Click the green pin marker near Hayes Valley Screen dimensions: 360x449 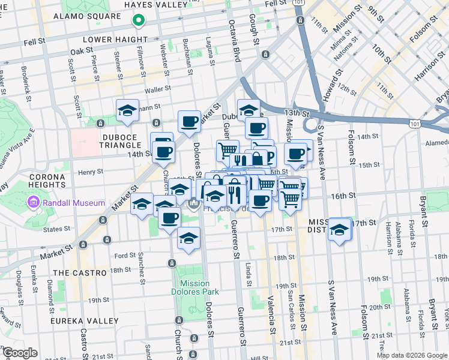[138, 22]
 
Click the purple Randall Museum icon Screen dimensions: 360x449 [32, 203]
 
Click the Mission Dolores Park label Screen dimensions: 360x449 [194, 287]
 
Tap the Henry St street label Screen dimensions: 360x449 [91, 172]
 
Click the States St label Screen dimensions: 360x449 [58, 229]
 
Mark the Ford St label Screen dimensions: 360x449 [117, 256]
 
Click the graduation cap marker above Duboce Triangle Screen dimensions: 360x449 [127, 110]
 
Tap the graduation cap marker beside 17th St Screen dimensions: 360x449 [340, 229]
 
